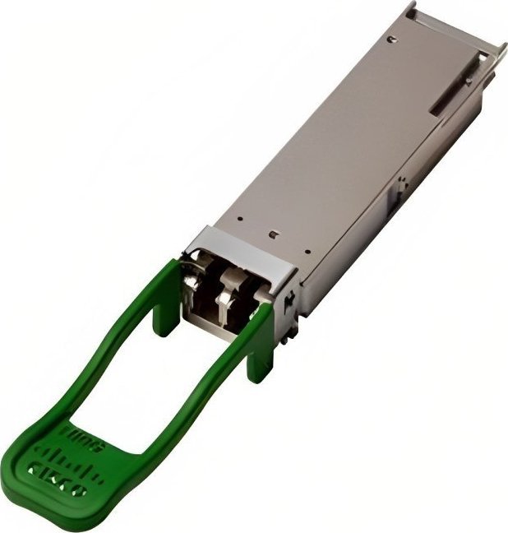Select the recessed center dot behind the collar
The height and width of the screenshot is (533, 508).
tap(272, 233)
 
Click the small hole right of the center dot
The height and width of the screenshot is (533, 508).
tap(307, 251)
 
